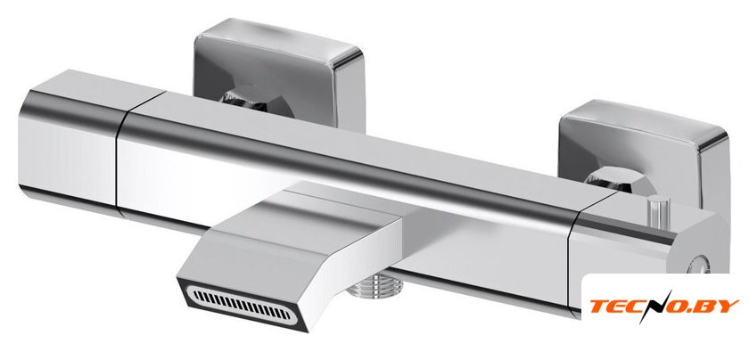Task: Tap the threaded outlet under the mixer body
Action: [x=375, y=285]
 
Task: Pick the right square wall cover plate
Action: [x=645, y=148]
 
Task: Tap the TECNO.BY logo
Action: [x=664, y=306]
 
